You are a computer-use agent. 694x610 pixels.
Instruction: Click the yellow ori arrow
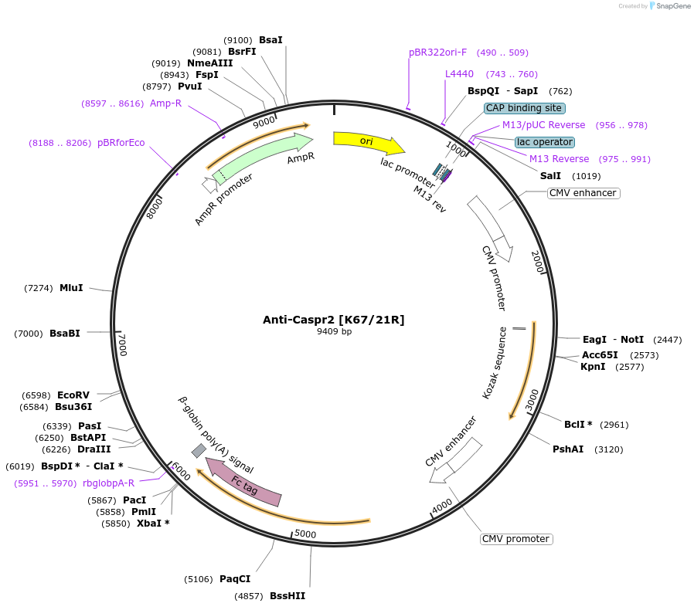368,141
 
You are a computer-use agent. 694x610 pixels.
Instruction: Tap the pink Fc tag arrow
246,483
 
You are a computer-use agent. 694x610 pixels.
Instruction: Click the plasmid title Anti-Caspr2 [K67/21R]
333,320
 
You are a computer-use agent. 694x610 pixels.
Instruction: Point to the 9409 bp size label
334,332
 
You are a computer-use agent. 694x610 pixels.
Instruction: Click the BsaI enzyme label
270,39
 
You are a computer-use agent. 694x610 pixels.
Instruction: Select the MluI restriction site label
71,288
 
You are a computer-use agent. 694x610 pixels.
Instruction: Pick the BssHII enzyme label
287,596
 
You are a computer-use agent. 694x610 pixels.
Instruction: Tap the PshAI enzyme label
568,449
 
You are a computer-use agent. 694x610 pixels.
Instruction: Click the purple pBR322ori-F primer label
437,53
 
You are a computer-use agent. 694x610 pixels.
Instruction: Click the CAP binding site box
524,108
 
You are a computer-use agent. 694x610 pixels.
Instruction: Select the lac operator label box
545,142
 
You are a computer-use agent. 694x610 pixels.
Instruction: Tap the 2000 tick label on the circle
538,262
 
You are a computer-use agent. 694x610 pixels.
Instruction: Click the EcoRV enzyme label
73,395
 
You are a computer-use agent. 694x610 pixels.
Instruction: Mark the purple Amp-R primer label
165,103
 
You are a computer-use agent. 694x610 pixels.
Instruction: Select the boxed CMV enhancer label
583,193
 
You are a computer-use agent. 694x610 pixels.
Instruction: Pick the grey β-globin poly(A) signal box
199,450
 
